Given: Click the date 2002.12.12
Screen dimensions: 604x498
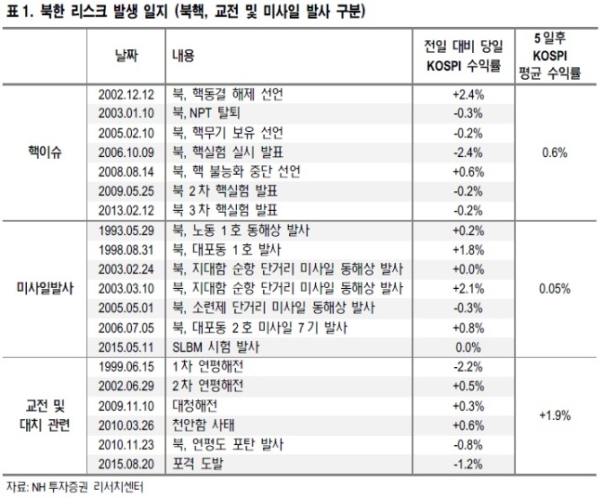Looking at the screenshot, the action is (126, 95).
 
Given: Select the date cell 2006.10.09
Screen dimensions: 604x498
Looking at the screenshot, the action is (126, 152).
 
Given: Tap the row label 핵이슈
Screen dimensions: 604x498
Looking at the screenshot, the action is (45, 152).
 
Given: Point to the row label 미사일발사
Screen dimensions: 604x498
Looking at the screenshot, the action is (45, 288).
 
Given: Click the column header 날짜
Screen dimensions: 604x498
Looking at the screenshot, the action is (126, 57).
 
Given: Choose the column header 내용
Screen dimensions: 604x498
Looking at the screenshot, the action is (183, 57).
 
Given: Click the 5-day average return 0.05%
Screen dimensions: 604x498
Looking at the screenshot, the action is (555, 288).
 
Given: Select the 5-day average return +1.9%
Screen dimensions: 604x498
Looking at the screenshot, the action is (555, 415).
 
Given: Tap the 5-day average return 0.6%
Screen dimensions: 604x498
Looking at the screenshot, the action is (555, 152).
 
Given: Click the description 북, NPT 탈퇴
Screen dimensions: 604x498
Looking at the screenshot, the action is (206, 113).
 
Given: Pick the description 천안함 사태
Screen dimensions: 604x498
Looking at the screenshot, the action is (204, 426).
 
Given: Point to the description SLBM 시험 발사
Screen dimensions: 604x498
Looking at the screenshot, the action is (216, 347).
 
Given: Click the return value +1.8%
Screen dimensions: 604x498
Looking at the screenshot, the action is (468, 250).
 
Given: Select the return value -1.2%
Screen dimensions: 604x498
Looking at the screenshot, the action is (468, 465).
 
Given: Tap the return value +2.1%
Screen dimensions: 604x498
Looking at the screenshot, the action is (468, 288).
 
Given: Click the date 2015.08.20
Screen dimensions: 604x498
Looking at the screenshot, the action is (126, 465).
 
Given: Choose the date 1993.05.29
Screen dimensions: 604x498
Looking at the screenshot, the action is (126, 230).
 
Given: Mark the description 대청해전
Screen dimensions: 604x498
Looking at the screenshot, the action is (194, 406).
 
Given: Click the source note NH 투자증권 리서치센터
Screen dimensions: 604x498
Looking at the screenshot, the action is (87, 488).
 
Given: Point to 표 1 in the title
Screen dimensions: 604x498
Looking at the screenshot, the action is (18, 12).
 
